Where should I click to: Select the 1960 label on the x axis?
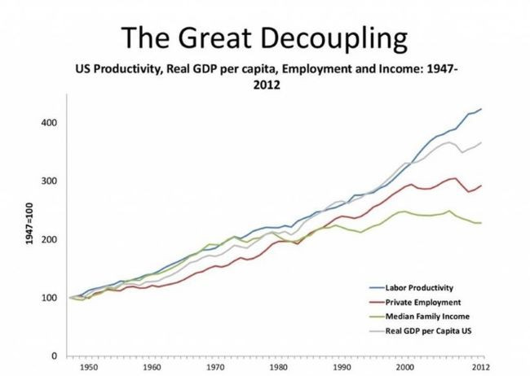154,368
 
